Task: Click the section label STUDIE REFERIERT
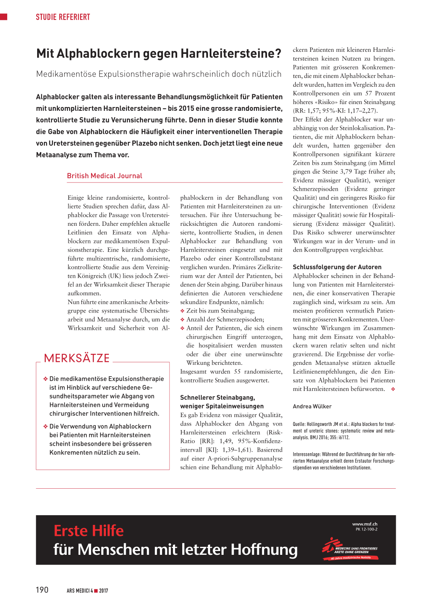coord(63,17)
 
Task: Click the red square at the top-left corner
coord(4,17)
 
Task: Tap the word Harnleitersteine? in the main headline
coord(231,54)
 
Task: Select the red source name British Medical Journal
coord(105,176)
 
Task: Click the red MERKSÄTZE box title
coord(77,358)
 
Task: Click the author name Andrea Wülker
coord(312,407)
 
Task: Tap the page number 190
coord(42,590)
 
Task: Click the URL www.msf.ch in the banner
coord(365,524)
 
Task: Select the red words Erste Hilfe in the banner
coord(89,531)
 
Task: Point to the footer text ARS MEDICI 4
coord(80,591)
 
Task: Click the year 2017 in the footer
coord(104,591)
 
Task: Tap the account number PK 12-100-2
coord(367,530)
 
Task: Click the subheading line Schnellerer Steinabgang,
coord(218,398)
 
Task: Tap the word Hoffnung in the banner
coord(264,550)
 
